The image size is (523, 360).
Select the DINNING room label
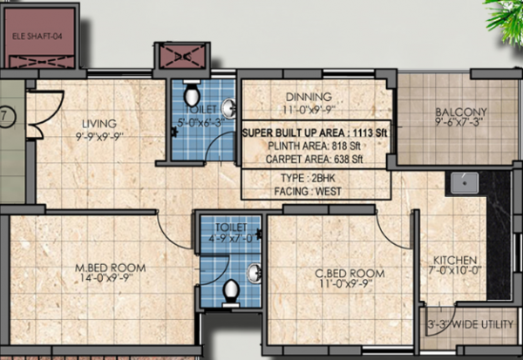coord(309,97)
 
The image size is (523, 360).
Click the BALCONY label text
coord(462,112)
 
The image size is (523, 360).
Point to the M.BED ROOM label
coord(110,267)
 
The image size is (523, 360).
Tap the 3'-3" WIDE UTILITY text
coord(471,324)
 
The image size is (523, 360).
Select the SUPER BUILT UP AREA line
coord(314,132)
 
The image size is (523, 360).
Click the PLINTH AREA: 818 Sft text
coord(314,146)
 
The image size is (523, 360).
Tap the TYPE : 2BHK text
coord(314,176)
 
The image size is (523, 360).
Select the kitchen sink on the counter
coord(462,183)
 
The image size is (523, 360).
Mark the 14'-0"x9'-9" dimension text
coord(110,280)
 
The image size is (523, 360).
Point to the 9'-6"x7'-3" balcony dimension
coord(462,124)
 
